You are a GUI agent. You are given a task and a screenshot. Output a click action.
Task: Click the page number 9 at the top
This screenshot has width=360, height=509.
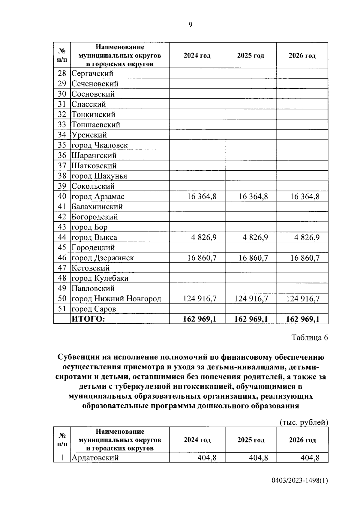pos(190,25)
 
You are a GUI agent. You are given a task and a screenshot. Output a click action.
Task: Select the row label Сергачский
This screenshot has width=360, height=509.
pos(92,73)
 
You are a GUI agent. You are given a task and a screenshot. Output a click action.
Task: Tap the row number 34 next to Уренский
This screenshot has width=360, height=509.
pos(62,135)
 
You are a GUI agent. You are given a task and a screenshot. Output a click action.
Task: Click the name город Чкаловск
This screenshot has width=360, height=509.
pos(99,145)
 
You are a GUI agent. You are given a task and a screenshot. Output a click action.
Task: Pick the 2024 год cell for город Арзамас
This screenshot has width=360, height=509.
pos(202,196)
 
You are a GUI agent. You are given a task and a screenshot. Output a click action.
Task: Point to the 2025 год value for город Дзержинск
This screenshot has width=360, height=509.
pos(253,258)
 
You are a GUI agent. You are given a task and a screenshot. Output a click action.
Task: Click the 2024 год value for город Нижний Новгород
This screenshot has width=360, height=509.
pos(199,299)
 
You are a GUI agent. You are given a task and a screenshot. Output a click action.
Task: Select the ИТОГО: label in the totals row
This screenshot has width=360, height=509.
pos(88,319)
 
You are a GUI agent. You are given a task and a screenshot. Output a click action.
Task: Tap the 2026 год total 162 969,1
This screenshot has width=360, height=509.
pos(303,319)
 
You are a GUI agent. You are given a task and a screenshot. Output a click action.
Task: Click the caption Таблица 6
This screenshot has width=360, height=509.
pos(310,337)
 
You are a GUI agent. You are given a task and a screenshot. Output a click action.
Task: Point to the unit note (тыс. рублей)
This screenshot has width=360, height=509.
pos(304,422)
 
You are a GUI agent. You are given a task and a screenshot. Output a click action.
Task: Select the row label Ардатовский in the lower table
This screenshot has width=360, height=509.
pos(95,458)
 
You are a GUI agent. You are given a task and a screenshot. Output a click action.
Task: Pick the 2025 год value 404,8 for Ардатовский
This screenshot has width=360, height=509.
pos(258,458)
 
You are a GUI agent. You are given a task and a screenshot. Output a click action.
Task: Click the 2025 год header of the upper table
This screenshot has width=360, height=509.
pos(250,55)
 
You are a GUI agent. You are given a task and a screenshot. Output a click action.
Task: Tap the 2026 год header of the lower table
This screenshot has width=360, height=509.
pos(302,440)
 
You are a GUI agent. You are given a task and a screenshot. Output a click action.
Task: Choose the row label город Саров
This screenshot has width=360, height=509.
pos(94,309)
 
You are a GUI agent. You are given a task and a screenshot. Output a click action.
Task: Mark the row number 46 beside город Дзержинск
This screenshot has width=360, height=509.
pos(62,258)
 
